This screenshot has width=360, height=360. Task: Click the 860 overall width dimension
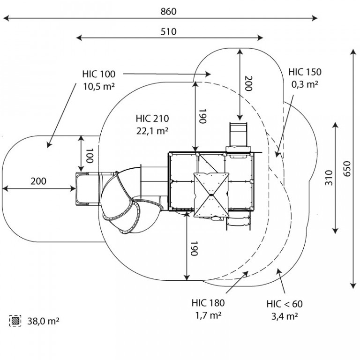168,11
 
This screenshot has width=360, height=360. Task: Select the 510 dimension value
168,32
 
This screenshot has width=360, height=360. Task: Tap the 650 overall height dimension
347,169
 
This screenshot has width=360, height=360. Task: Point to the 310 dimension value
329,178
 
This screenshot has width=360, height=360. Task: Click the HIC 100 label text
99,74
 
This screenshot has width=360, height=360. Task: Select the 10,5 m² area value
99,87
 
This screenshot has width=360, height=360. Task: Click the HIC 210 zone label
152,119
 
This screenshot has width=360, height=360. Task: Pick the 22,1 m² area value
152,131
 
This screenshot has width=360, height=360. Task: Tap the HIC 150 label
305,72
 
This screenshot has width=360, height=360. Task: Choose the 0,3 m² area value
305,84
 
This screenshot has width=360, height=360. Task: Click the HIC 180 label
208,303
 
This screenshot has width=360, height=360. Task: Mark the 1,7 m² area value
208,315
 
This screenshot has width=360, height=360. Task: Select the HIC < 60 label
285,304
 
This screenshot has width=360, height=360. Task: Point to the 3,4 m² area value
285,316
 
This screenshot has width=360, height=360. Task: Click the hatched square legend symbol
15,321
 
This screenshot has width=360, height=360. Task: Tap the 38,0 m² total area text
43,321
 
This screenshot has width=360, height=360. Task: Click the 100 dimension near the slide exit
90,156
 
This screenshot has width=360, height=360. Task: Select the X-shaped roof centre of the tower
211,195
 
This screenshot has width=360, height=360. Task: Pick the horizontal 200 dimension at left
38,181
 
